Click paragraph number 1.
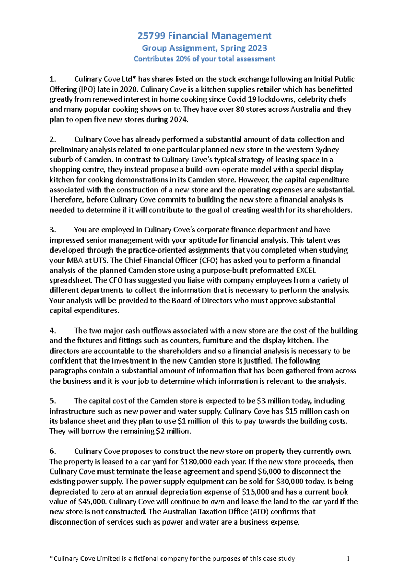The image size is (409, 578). (52, 79)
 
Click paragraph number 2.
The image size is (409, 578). (52, 140)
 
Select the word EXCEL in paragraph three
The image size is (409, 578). (303, 271)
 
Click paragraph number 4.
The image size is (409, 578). (52, 331)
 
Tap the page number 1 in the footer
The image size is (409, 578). (348, 559)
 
